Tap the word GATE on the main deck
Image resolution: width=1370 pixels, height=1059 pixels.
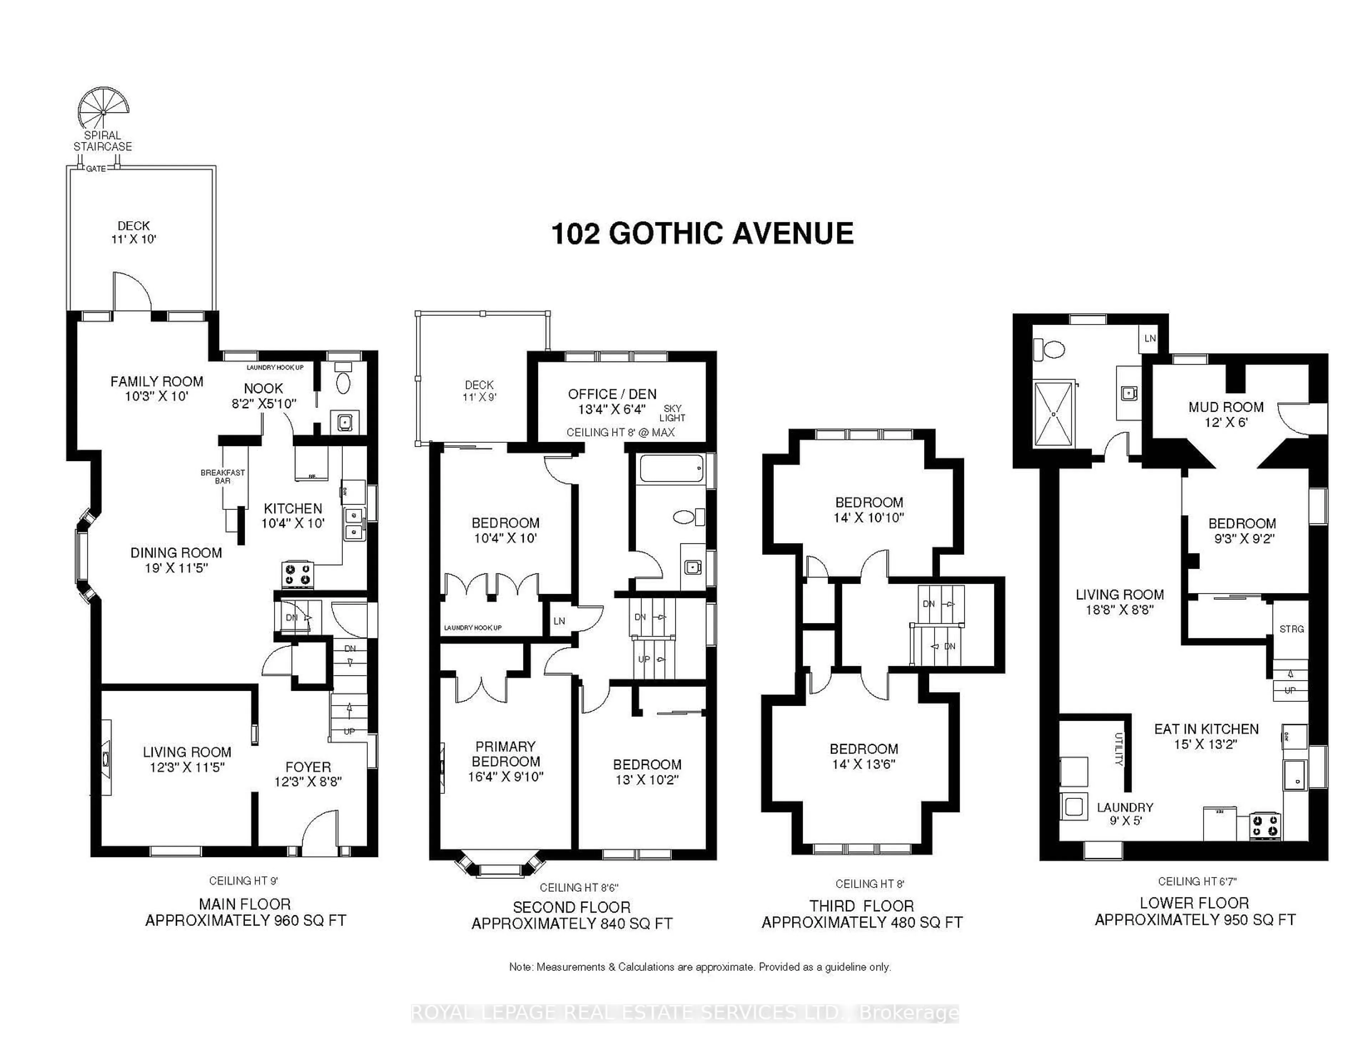(96, 169)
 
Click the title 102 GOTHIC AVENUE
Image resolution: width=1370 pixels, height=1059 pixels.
(702, 234)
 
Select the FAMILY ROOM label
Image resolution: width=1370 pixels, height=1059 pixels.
(157, 381)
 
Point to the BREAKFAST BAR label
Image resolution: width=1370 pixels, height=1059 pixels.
(223, 476)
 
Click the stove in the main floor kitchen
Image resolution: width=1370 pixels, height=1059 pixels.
(297, 575)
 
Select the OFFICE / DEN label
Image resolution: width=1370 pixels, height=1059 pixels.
(612, 394)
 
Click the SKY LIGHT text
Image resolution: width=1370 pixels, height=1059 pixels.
(673, 413)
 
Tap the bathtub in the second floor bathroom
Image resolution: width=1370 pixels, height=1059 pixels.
(671, 468)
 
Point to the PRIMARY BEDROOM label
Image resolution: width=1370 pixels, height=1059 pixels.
(506, 754)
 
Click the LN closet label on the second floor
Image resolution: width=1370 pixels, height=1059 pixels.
(559, 621)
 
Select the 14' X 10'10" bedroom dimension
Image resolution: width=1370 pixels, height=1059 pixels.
(869, 518)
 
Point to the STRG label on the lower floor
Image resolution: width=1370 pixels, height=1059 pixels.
(1292, 629)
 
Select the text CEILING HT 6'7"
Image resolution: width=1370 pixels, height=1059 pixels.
(1197, 881)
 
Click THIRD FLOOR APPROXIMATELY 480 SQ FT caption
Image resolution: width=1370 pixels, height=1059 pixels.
(862, 914)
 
